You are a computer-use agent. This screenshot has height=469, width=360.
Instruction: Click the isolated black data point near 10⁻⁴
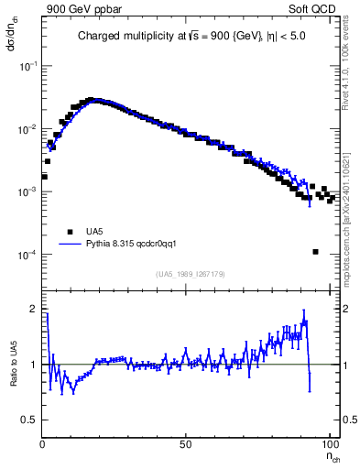(x=315, y=252)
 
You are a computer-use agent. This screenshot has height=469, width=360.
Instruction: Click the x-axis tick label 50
(x=186, y=444)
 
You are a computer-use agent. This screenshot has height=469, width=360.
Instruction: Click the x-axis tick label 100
(x=329, y=444)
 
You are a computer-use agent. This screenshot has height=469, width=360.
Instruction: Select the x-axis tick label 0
(x=42, y=444)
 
